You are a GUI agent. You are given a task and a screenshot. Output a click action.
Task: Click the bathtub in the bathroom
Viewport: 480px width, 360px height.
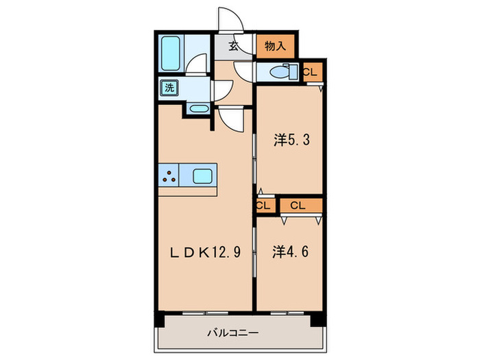click(x=170, y=52)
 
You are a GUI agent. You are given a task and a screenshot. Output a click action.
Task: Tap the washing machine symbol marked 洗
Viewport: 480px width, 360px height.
click(x=168, y=88)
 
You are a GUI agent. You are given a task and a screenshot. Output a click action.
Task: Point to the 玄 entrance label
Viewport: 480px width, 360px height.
click(x=234, y=47)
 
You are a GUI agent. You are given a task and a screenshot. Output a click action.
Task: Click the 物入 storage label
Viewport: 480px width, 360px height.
click(x=275, y=47)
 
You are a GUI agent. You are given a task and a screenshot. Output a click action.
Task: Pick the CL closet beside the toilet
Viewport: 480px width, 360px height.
click(x=310, y=71)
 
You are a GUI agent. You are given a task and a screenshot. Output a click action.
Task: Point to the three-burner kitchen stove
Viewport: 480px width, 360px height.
click(x=169, y=176)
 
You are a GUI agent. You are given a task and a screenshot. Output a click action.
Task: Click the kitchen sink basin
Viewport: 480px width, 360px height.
click(x=202, y=176)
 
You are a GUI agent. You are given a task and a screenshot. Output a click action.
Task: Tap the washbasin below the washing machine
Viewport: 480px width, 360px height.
click(x=197, y=108)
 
